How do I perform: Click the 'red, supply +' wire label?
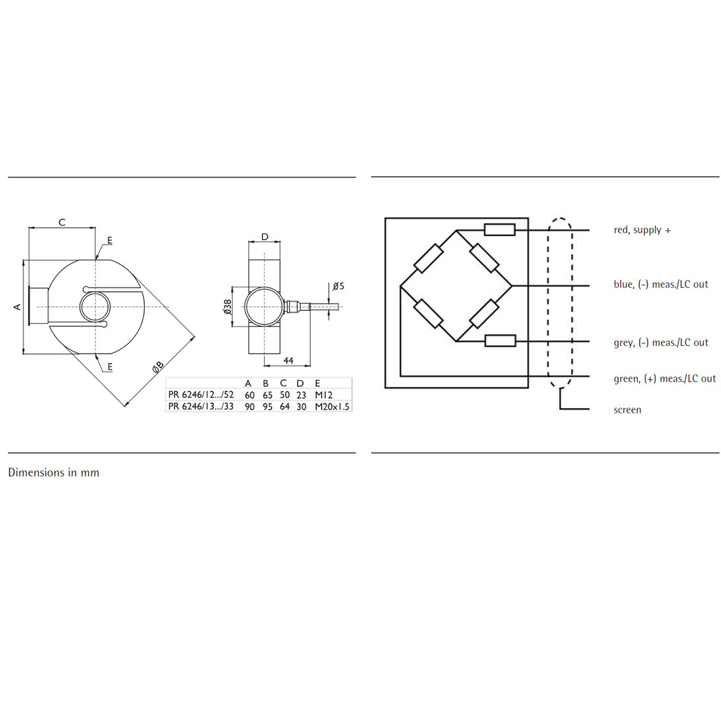click(642, 230)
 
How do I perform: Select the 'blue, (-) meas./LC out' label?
click(661, 284)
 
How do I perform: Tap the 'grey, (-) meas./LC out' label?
click(661, 343)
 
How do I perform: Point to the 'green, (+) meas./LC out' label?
click(665, 379)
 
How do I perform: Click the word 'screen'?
click(627, 410)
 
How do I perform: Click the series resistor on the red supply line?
click(500, 229)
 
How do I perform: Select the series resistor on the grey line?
click(500, 341)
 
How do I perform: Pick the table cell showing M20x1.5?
click(332, 406)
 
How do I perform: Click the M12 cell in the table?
click(324, 395)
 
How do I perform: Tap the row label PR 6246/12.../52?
click(201, 395)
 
